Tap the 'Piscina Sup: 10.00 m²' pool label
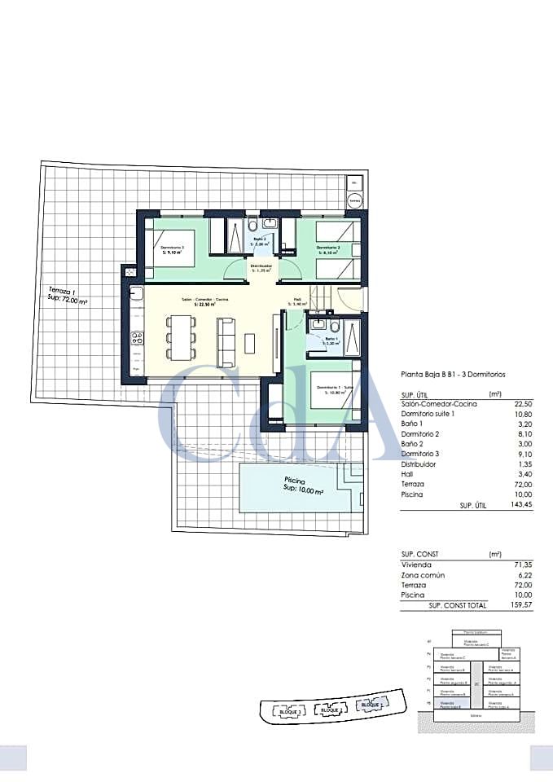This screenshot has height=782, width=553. click(303, 485)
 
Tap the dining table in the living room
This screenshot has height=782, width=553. click(181, 337)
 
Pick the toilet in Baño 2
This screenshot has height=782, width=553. click(253, 224)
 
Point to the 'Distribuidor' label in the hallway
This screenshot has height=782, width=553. click(261, 268)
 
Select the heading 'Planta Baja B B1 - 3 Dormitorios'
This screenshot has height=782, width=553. click(453, 375)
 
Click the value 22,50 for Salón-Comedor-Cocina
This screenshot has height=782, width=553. click(523, 403)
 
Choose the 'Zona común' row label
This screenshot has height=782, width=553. click(424, 574)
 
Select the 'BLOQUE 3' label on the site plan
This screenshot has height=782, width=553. click(290, 711)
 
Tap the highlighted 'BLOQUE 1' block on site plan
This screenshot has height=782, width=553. click(371, 704)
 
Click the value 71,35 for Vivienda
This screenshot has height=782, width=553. click(522, 564)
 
